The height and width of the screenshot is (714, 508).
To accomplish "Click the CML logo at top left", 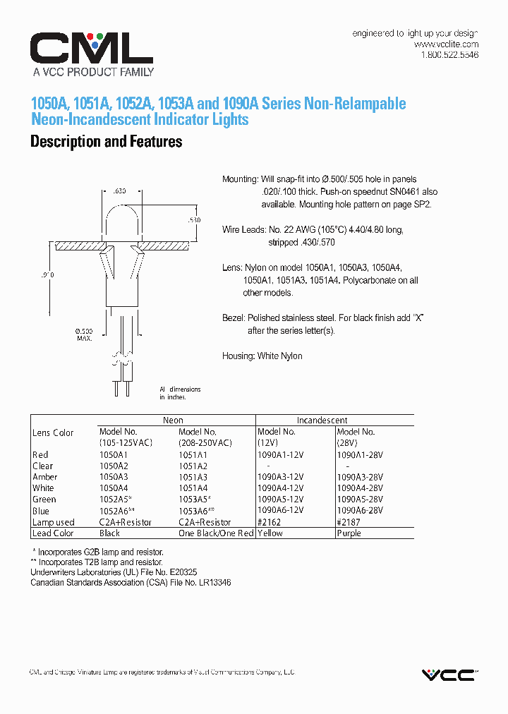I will (x=91, y=49).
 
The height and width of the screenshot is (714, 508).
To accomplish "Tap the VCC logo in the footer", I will (x=449, y=675).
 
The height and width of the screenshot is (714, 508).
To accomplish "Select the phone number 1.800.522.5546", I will (x=449, y=55).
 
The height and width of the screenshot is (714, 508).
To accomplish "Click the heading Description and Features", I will (x=106, y=142).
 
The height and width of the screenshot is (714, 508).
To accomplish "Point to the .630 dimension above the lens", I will (x=119, y=190).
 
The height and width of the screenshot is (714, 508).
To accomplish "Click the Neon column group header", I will (x=173, y=420).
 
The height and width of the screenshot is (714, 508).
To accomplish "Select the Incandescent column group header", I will (x=322, y=420).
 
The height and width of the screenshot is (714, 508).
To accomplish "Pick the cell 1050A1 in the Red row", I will (x=114, y=455).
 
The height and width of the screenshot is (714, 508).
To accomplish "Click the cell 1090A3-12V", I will (x=281, y=478).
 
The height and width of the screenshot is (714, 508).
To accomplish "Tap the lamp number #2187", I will (x=349, y=522).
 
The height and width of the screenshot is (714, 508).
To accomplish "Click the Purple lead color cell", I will (x=349, y=533).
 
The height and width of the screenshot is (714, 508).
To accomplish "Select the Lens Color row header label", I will (x=53, y=432).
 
